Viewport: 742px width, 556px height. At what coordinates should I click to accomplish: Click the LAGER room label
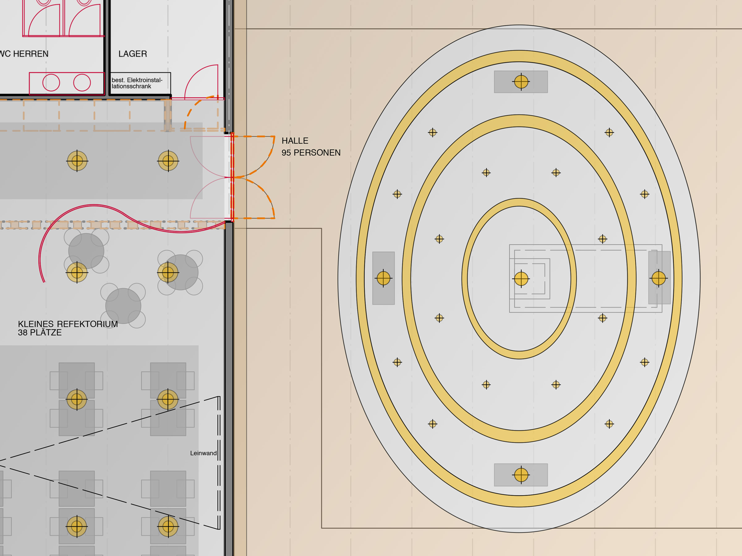tap(133, 54)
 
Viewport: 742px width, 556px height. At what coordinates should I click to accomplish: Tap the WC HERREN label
tap(24, 54)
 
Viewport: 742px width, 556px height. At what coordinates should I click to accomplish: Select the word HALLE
tap(295, 141)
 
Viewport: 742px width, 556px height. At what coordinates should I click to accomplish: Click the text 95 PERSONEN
tap(311, 153)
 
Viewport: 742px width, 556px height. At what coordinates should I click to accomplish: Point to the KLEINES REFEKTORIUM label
tap(68, 324)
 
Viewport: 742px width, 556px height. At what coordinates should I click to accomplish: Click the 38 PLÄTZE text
tap(40, 333)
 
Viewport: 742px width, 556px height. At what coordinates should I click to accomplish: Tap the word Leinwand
tap(203, 453)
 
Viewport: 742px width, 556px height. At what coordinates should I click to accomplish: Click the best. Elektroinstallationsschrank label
tap(137, 83)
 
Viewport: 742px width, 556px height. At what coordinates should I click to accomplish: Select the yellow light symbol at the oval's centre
tap(521, 279)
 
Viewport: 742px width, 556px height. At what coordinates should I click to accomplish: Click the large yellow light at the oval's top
tap(521, 82)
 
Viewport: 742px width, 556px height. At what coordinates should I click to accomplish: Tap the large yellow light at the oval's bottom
tap(521, 475)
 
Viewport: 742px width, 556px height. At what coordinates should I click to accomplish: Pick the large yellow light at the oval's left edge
tap(383, 278)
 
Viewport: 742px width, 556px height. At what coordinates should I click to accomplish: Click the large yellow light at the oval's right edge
tap(659, 278)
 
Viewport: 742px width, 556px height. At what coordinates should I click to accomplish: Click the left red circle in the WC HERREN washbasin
tap(51, 83)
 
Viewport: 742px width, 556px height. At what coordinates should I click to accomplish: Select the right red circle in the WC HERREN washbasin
tap(82, 83)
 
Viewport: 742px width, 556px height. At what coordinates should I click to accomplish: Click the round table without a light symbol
tap(123, 306)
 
